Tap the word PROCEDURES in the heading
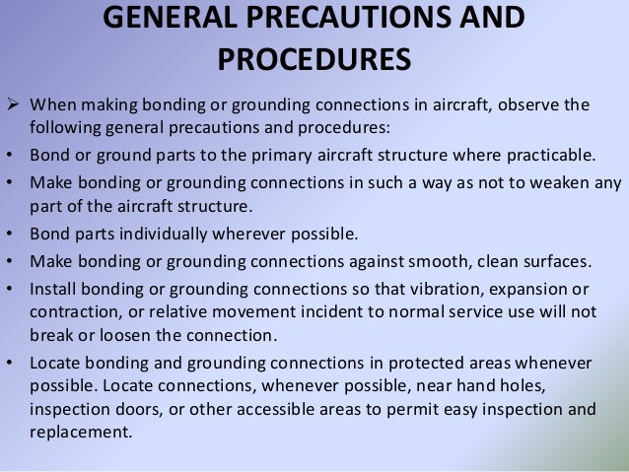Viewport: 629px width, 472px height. (314, 61)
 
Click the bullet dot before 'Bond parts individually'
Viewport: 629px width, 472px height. (9, 235)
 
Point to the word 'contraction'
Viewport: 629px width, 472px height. (74, 311)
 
